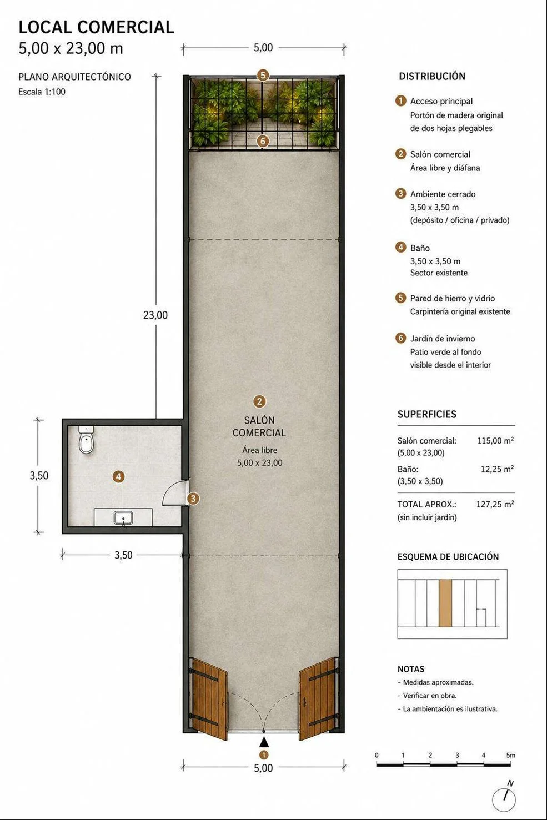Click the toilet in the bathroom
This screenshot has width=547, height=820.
pyautogui.click(x=87, y=440)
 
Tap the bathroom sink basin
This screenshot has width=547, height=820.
pyautogui.click(x=123, y=518)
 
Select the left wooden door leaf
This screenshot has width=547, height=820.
pyautogui.click(x=208, y=699)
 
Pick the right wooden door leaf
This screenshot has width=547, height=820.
pyautogui.click(x=318, y=699)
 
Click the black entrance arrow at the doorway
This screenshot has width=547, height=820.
pyautogui.click(x=264, y=743)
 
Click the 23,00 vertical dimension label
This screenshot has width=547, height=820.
pyautogui.click(x=155, y=315)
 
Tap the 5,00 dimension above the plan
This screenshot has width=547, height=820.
pyautogui.click(x=263, y=48)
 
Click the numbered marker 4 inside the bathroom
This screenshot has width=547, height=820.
pyautogui.click(x=118, y=477)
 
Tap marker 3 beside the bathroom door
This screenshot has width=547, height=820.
pyautogui.click(x=193, y=498)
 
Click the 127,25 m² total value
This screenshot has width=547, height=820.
pyautogui.click(x=495, y=505)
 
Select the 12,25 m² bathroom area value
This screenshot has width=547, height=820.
pyautogui.click(x=497, y=469)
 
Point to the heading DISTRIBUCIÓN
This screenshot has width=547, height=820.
pyautogui.click(x=432, y=76)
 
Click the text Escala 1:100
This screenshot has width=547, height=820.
pyautogui.click(x=42, y=92)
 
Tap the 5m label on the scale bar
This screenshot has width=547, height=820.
pyautogui.click(x=511, y=755)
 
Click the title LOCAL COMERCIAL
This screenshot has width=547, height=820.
pyautogui.click(x=96, y=27)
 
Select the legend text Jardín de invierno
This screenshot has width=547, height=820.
pyautogui.click(x=442, y=339)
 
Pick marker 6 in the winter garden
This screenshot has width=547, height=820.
pyautogui.click(x=263, y=141)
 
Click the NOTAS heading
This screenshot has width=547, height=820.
pyautogui.click(x=411, y=669)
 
